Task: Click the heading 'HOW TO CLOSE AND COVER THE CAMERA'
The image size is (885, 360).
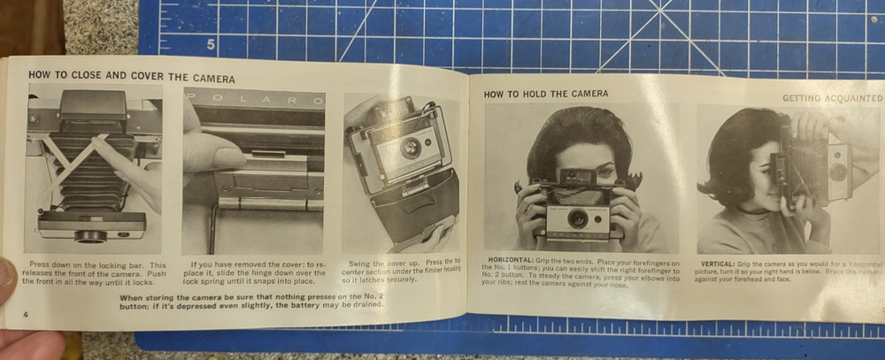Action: (x=131, y=75)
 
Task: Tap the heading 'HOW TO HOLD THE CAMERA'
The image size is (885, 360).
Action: (x=545, y=94)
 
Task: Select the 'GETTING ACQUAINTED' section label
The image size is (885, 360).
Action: (x=832, y=98)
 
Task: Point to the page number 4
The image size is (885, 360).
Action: (x=27, y=315)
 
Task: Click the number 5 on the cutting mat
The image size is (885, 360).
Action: (x=211, y=44)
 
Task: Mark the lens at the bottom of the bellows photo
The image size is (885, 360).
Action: (x=91, y=236)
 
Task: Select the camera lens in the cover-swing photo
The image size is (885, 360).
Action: (x=411, y=147)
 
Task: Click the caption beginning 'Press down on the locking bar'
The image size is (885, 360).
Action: (x=96, y=272)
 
